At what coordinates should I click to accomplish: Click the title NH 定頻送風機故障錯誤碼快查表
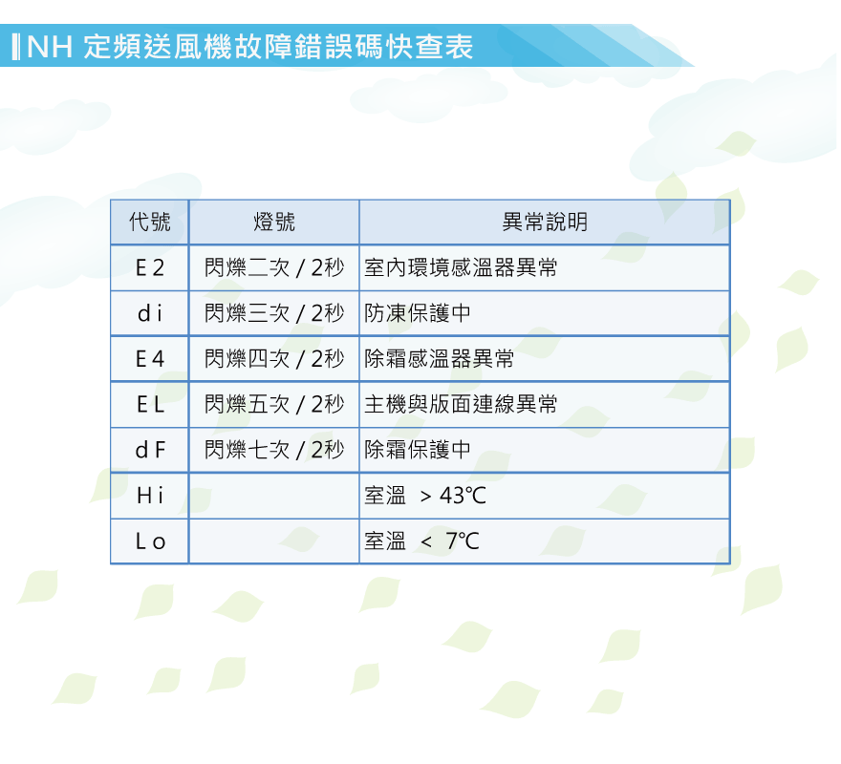tap(249, 46)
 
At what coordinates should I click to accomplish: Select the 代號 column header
tap(150, 222)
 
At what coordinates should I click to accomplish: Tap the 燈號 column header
tap(274, 222)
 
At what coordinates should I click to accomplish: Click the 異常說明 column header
tap(545, 222)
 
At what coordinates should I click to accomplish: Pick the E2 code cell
tap(150, 267)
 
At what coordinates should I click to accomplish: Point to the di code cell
tap(150, 313)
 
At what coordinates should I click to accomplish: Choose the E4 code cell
tap(150, 359)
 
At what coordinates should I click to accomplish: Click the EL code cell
tap(150, 404)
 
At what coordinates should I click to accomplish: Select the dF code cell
tap(150, 450)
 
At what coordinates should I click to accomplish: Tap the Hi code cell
tap(150, 496)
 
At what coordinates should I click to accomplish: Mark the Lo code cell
tap(150, 541)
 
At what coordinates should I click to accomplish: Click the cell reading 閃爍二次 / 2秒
tap(274, 267)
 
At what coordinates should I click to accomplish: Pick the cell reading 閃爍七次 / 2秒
tap(274, 450)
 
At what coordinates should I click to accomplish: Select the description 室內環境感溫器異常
tap(461, 267)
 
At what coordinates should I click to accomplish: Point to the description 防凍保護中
tap(418, 313)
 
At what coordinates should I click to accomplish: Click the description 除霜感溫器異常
tap(440, 359)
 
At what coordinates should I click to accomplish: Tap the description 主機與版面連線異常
tap(461, 404)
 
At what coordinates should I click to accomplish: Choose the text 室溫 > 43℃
tap(425, 496)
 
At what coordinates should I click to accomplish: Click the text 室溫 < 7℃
tap(421, 541)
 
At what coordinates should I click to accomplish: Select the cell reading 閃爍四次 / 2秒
tap(274, 359)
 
